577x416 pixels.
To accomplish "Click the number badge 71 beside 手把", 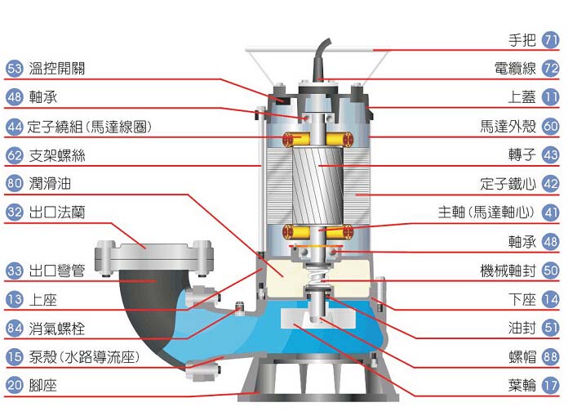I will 550,39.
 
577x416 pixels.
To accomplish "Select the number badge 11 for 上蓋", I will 550,96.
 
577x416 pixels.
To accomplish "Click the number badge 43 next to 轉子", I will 550,154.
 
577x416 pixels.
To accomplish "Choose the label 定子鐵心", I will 508,183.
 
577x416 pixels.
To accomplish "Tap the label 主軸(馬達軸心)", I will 486,212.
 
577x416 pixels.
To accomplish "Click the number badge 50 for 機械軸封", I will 550,270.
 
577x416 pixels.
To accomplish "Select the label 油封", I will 522,328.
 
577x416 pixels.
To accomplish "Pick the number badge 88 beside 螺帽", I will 550,356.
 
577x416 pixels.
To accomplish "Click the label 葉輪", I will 522,385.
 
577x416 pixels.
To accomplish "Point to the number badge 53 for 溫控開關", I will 14,68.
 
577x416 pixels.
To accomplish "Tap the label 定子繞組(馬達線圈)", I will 89,127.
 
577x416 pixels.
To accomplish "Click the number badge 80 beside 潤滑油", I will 14,183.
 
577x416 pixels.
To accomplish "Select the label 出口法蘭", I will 56,212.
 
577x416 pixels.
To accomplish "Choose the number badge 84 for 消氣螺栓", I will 14,328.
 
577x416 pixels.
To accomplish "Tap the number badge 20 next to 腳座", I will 14,385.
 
